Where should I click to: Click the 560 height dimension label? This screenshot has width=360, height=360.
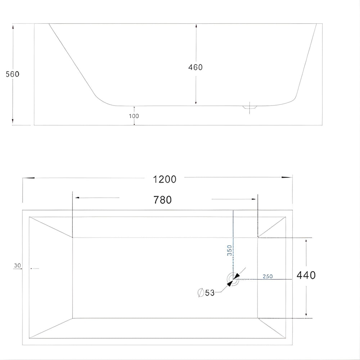click(13, 74)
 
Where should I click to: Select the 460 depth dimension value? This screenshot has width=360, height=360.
click(195, 67)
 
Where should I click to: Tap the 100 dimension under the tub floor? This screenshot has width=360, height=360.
click(134, 116)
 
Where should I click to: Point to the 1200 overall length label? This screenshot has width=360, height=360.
click(165, 179)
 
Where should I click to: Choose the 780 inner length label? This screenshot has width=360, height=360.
click(163, 200)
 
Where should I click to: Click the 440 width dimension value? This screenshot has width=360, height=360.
click(306, 275)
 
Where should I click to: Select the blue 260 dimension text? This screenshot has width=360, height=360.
click(268, 276)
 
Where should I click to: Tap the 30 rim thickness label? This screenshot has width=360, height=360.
click(17, 266)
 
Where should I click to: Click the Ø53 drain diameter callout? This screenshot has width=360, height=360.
click(206, 293)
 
